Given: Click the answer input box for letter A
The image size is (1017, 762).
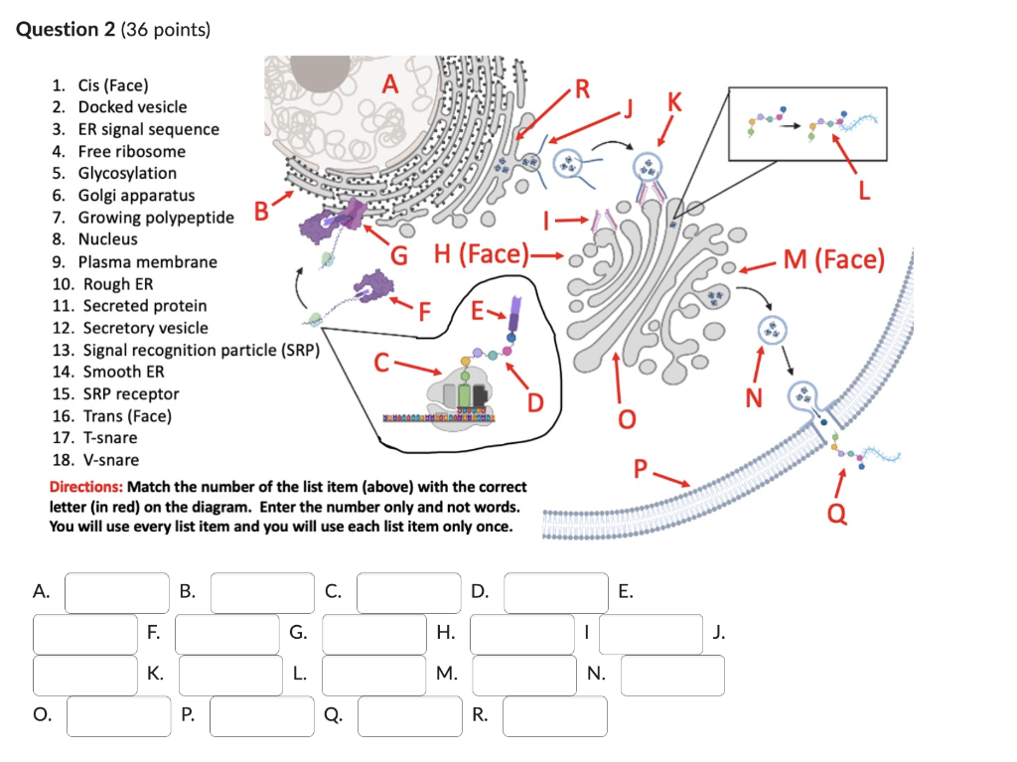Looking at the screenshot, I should [x=117, y=593].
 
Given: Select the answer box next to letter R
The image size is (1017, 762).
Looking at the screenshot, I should [x=554, y=716].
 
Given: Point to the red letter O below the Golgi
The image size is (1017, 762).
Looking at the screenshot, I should [x=626, y=419].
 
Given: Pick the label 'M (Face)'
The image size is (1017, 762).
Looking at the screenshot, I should [x=832, y=260].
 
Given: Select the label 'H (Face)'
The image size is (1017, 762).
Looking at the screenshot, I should [x=483, y=254].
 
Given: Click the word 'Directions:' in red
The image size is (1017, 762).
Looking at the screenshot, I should [x=85, y=487].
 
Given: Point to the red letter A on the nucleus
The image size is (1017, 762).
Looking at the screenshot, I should [x=390, y=85].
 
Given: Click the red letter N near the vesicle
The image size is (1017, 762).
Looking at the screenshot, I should [x=754, y=397].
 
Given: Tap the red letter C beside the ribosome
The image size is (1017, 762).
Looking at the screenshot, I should [x=381, y=363].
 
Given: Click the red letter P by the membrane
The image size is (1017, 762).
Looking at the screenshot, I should [x=640, y=467].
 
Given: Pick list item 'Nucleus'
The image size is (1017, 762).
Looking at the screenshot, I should [x=108, y=239].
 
